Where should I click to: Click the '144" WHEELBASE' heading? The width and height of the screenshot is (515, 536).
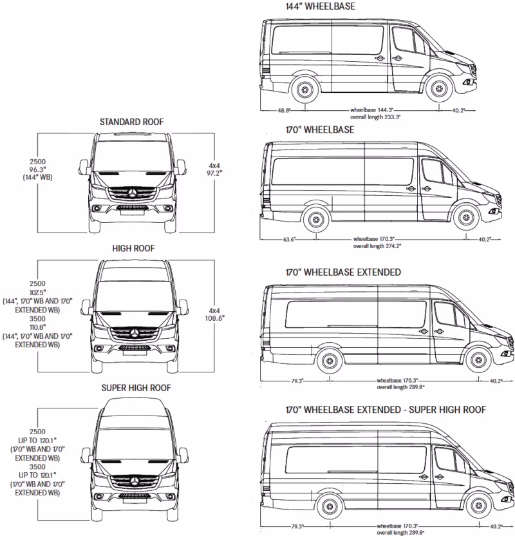319,6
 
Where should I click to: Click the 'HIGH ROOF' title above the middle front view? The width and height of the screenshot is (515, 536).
134,248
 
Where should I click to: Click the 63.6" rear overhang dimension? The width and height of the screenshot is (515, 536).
288,240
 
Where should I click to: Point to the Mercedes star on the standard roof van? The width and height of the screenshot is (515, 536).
133,193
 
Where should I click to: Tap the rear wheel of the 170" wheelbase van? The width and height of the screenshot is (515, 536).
315,219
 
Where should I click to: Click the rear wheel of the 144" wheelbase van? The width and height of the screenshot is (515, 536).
304,90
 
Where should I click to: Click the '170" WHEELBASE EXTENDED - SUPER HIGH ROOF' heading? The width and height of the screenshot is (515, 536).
385,410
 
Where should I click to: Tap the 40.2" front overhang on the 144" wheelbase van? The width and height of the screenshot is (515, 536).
458,111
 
